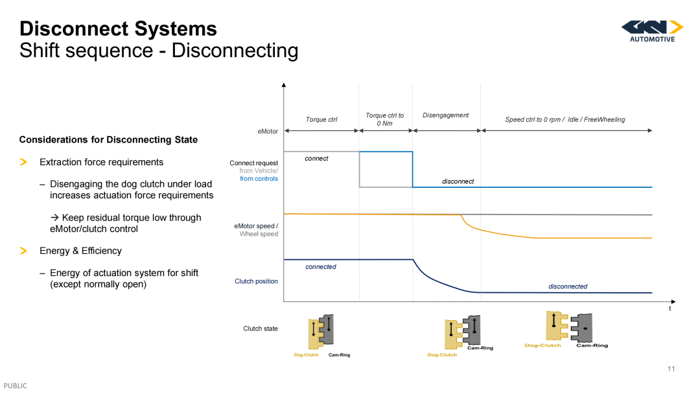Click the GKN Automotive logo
click(652, 31)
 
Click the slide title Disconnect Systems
click(119, 29)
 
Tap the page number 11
click(671, 369)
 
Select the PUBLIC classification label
click(15, 386)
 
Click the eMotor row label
click(268, 131)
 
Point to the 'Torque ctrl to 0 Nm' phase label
click(384, 119)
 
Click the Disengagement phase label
click(445, 115)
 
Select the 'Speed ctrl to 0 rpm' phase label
click(534, 120)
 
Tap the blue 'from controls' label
click(259, 178)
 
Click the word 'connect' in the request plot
click(316, 158)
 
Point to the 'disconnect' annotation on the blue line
click(458, 181)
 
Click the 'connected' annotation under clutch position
click(321, 267)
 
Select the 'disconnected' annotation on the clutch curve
click(568, 286)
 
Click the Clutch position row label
click(256, 281)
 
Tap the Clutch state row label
click(261, 329)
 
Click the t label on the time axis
click(670, 308)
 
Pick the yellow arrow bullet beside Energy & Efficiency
click(24, 251)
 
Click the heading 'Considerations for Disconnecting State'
click(108, 140)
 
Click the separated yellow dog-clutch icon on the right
click(556, 325)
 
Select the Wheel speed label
click(259, 234)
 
